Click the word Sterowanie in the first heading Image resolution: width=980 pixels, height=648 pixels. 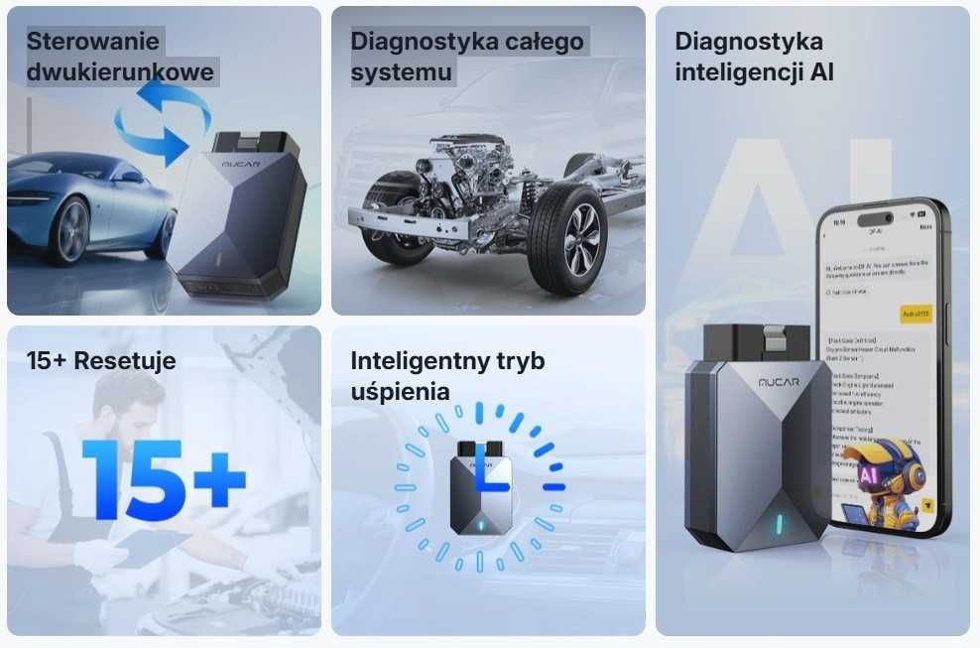click(92, 42)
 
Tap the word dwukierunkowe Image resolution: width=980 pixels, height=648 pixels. click(119, 72)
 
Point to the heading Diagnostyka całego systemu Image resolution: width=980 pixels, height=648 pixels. click(467, 57)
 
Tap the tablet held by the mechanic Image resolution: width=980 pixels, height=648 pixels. click(149, 545)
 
